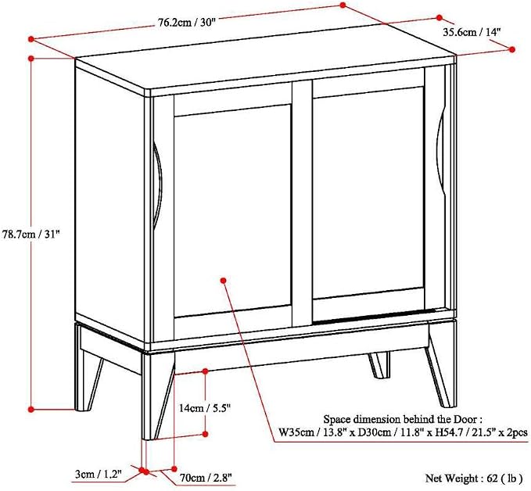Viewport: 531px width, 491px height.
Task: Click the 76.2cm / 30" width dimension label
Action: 187,23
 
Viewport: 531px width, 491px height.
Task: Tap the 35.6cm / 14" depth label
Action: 472,32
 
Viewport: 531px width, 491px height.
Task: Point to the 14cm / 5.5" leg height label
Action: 205,408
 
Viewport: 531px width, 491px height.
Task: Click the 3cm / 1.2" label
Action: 99,475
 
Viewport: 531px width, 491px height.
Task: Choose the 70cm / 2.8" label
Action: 206,478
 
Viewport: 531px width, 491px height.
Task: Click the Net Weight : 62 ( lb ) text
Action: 474,478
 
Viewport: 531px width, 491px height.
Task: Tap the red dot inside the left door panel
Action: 223,281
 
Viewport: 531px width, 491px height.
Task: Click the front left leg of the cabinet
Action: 157,396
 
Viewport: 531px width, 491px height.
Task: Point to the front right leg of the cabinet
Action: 440,366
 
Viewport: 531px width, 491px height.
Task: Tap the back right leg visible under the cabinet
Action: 379,365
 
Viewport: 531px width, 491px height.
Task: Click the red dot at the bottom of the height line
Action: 30,409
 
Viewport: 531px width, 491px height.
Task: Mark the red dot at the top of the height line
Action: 30,58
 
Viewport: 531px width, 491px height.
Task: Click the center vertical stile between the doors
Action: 302,203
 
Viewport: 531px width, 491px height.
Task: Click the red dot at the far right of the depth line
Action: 512,49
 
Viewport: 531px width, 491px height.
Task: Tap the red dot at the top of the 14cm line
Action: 205,371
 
